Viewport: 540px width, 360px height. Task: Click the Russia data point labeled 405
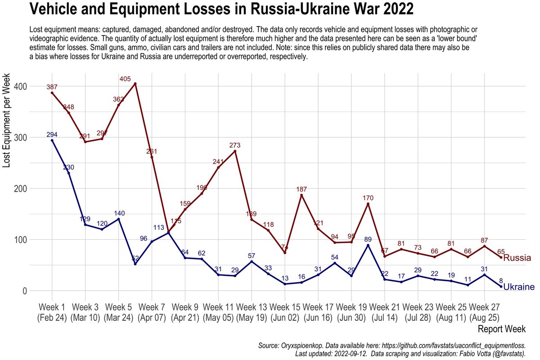[135, 84]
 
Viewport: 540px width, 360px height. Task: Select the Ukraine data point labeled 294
[52, 140]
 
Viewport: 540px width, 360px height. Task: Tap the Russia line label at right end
[517, 258]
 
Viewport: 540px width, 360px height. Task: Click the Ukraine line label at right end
[518, 287]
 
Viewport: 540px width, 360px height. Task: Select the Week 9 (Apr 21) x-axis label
[185, 312]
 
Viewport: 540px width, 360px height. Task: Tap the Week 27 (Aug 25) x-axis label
[484, 312]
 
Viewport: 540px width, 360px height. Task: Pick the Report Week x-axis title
[501, 329]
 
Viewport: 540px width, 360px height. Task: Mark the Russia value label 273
[235, 145]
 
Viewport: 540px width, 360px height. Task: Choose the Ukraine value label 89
[368, 239]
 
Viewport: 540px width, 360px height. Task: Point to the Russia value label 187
[301, 189]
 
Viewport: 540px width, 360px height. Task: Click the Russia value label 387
[52, 87]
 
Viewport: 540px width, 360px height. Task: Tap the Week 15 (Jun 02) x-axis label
[285, 312]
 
